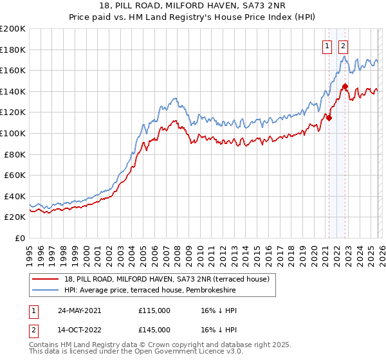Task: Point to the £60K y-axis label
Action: point(15,175)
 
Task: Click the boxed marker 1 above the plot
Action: point(327,46)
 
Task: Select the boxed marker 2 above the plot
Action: point(344,46)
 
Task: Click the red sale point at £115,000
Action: point(329,118)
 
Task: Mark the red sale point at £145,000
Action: point(345,86)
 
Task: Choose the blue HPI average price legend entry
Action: point(149,291)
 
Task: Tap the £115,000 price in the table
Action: point(154,310)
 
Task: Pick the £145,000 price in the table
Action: point(154,329)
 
